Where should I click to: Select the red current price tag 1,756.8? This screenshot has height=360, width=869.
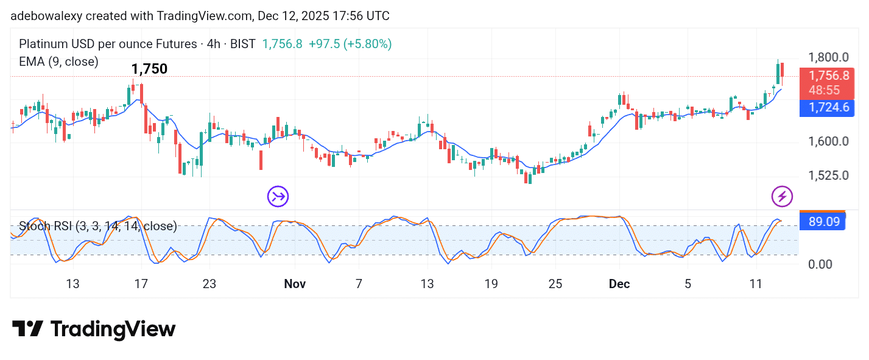click(x=828, y=76)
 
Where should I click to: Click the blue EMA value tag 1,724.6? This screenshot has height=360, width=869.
click(x=828, y=108)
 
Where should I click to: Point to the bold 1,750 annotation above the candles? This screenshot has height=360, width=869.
click(x=149, y=69)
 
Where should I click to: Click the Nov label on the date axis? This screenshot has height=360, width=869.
click(x=295, y=284)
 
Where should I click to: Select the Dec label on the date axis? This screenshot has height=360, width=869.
click(x=619, y=284)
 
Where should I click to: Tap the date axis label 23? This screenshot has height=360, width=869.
click(x=210, y=284)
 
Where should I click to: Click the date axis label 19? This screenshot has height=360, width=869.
click(x=491, y=284)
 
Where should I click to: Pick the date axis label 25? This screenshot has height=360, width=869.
click(x=555, y=284)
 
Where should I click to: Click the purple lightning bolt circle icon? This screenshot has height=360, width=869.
click(x=782, y=196)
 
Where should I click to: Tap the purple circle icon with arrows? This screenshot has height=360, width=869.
click(x=278, y=196)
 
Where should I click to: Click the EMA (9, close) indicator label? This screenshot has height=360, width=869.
click(x=58, y=62)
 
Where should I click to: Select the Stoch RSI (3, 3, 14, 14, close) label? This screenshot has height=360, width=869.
click(x=98, y=227)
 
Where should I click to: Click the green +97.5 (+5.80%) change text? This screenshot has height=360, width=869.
click(x=350, y=44)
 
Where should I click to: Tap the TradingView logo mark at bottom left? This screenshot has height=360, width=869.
click(x=27, y=329)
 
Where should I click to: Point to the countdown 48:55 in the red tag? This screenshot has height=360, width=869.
click(x=825, y=90)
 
